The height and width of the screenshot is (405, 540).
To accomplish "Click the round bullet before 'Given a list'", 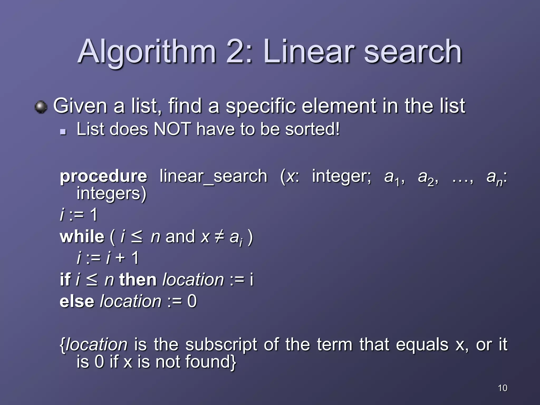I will (x=41, y=107).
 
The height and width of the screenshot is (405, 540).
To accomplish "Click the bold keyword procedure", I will (x=103, y=177).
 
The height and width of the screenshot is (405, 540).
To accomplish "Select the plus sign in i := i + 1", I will (x=120, y=258).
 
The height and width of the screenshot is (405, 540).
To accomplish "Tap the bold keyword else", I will (x=77, y=301).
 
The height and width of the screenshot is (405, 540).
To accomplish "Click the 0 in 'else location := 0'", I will (x=192, y=301).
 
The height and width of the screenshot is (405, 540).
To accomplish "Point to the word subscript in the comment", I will (x=221, y=345).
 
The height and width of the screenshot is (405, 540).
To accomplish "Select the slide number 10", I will (x=503, y=388).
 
